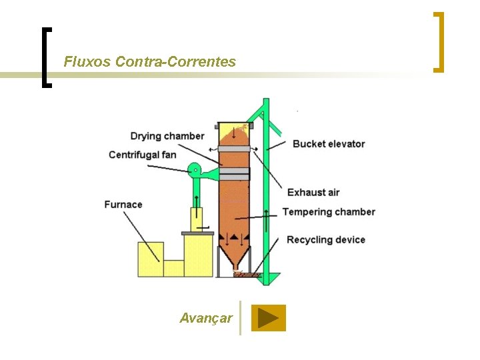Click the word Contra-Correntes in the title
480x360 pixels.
point(175,62)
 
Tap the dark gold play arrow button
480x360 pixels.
point(268,318)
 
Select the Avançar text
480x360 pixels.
point(206,318)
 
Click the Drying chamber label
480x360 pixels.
point(167,136)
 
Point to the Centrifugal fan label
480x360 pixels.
point(143,155)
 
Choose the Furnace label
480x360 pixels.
point(123,204)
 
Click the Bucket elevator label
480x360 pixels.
point(329,143)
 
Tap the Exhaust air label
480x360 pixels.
point(313,193)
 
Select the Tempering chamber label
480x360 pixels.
point(329,212)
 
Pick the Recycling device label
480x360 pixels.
point(326,239)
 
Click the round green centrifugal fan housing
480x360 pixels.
point(194,171)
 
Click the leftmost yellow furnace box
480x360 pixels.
point(150,259)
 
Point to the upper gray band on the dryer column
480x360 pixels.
point(233,148)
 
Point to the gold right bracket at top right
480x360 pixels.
point(438,41)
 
